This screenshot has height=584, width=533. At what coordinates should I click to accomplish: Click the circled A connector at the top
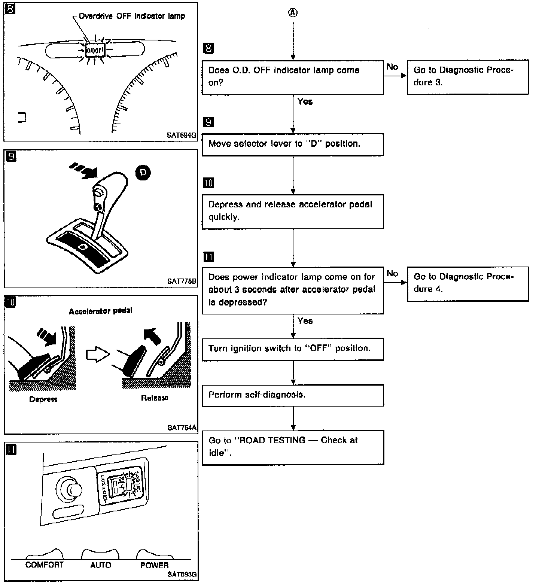[x=293, y=13]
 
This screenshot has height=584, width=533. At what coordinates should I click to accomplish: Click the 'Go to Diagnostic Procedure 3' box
[x=467, y=77]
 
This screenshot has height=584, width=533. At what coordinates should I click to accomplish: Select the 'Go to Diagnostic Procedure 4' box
[x=467, y=283]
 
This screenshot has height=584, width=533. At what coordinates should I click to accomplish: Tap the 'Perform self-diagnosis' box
[x=293, y=395]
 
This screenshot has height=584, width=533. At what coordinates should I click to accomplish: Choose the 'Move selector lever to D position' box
[x=293, y=144]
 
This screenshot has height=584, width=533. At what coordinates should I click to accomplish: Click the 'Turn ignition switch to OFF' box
[x=293, y=349]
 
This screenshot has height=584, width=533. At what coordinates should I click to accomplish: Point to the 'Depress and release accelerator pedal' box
[x=293, y=211]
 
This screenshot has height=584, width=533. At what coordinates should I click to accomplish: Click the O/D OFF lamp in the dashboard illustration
[x=95, y=50]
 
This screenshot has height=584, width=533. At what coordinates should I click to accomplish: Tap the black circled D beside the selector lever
[x=142, y=173]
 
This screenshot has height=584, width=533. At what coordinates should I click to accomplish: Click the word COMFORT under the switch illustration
[x=45, y=565]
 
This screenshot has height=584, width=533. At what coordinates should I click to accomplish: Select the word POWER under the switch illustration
[x=154, y=565]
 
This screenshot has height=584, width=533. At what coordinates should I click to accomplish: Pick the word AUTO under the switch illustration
[x=101, y=565]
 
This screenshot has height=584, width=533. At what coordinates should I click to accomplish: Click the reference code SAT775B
[x=182, y=281]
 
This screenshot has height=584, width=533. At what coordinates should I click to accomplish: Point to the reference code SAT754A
[x=182, y=428]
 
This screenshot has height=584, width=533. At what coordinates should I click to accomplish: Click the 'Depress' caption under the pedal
[x=43, y=399]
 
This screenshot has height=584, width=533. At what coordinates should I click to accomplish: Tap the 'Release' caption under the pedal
[x=155, y=398]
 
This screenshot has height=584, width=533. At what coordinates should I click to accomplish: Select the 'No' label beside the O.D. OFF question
[x=392, y=67]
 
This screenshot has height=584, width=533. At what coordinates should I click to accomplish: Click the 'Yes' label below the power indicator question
[x=305, y=321]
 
